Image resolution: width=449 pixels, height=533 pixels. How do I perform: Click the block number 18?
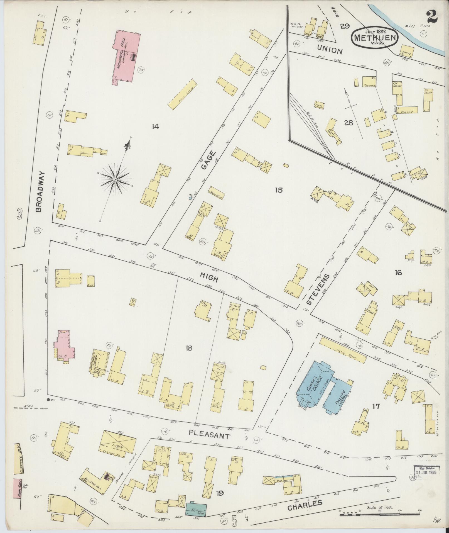tap(189, 348)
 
